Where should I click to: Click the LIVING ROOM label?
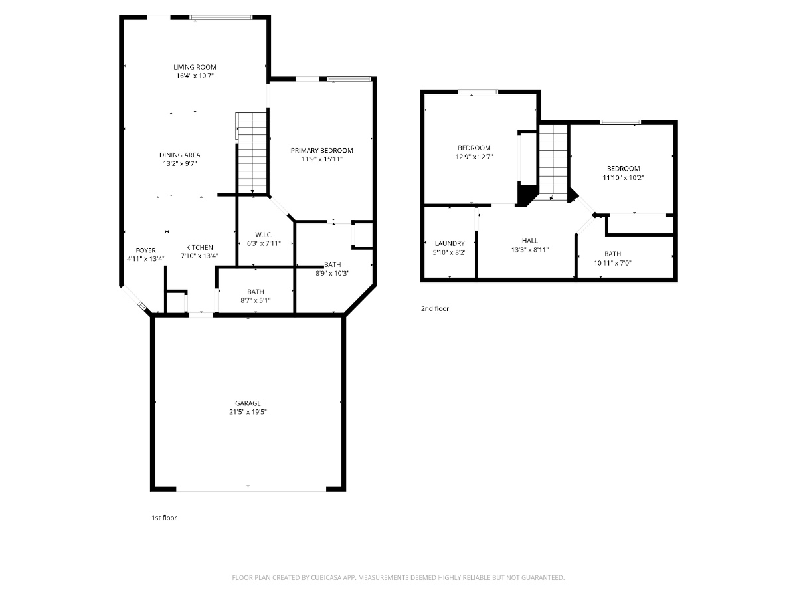195,67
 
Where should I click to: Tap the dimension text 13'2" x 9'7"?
180,163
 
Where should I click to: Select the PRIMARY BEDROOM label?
321,150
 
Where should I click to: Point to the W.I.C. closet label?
264,235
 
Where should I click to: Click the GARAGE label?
248,403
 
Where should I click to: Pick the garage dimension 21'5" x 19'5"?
248,412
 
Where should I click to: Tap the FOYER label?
145,250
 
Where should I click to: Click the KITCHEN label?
199,247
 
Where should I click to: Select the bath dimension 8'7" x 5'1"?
255,300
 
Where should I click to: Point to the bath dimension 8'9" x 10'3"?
332,273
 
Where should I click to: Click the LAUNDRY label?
450,243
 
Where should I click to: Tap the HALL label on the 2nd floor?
530,241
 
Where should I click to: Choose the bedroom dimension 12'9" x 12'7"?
474,157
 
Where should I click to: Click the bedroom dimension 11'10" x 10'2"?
624,178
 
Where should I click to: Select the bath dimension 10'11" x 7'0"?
612,263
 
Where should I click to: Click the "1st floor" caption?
164,518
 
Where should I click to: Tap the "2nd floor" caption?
435,308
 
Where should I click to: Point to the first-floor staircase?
252,153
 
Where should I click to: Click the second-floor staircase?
553,162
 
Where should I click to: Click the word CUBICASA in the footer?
326,578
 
